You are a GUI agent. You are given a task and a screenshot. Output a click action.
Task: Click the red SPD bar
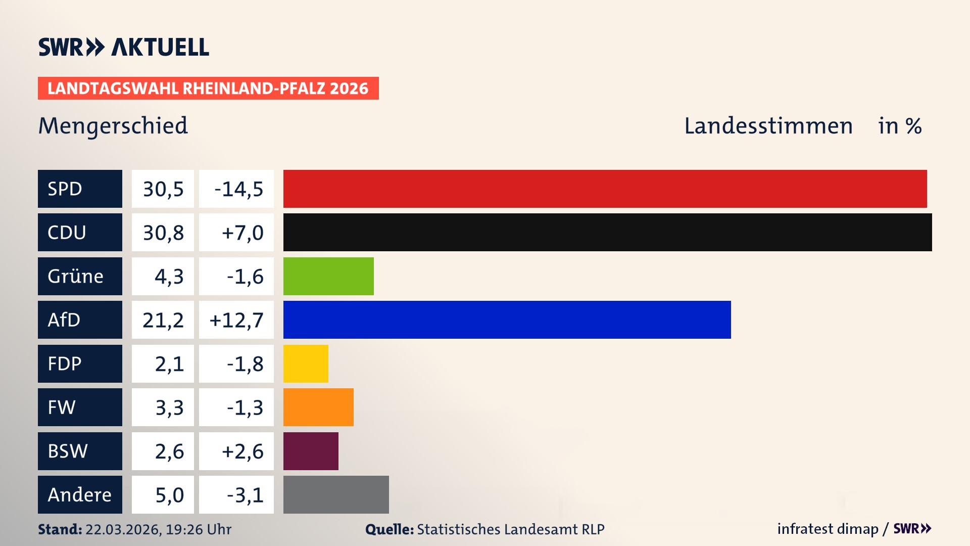(605, 189)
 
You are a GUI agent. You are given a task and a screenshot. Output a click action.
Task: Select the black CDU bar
(607, 232)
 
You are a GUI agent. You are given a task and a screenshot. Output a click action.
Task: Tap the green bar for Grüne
(328, 276)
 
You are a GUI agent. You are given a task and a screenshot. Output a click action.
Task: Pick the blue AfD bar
(507, 320)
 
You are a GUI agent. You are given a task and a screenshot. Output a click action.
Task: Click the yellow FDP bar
(306, 363)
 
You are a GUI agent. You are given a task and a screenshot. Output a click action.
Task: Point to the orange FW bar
(318, 407)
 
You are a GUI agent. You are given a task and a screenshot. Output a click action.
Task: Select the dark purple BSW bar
(311, 451)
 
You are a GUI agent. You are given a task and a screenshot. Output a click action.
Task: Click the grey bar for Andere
(336, 494)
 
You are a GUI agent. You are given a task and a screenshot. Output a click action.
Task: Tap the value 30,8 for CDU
(163, 233)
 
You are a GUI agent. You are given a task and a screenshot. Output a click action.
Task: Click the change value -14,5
(238, 189)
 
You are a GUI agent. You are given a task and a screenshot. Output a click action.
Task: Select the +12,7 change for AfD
(236, 320)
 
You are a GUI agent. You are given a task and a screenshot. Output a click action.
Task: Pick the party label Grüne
(76, 276)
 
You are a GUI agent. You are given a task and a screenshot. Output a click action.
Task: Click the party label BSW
(68, 451)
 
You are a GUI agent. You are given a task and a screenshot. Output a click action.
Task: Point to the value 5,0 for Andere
(169, 495)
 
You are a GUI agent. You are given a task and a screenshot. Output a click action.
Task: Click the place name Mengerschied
(113, 126)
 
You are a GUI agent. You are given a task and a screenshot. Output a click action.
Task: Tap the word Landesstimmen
(768, 126)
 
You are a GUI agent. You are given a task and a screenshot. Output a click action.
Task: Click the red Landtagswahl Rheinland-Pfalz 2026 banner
(208, 88)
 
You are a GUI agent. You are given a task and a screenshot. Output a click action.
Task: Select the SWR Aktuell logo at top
(124, 47)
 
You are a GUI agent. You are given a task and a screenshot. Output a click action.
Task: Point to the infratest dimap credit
(828, 529)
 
